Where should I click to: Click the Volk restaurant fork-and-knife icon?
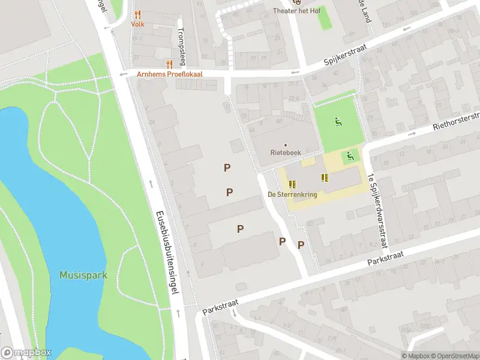137,14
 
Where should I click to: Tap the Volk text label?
137,25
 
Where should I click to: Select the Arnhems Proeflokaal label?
170,74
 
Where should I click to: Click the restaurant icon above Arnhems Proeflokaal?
170,64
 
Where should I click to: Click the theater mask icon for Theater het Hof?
294,2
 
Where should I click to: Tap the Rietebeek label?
285,154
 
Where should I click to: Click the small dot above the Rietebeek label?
285,145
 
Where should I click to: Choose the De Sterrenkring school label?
292,194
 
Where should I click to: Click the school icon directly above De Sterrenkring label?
292,184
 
